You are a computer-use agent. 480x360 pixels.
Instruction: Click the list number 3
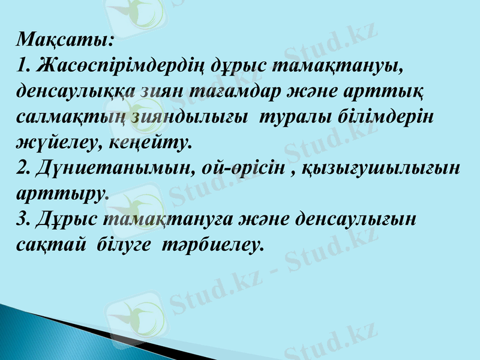(23, 218)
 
